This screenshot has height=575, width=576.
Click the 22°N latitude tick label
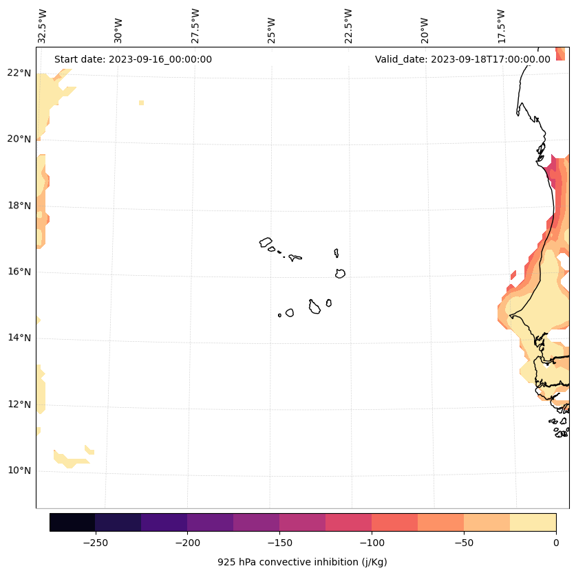coord(20,73)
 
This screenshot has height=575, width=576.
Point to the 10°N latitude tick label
coord(20,471)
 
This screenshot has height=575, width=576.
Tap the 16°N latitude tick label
coord(20,272)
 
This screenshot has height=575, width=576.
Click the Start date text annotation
coord(133,59)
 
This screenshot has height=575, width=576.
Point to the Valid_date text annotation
coord(462,59)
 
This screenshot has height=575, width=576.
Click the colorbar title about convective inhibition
coord(302,562)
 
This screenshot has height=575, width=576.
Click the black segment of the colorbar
coord(72,522)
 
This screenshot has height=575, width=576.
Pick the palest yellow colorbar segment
coord(533,522)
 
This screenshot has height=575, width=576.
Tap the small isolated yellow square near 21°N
coord(141,102)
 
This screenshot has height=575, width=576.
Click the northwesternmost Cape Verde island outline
coord(266,242)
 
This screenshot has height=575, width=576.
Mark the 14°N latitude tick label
coord(20,338)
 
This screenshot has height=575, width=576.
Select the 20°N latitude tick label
coord(20,139)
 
